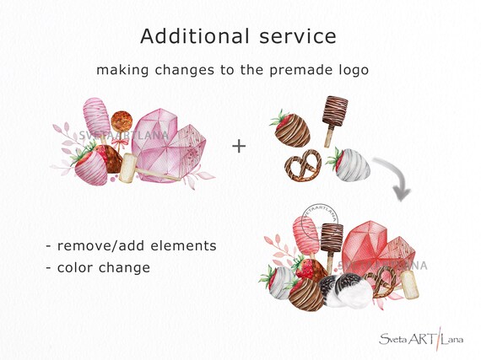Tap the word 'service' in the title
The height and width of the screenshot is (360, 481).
295,36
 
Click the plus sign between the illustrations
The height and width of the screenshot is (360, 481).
239,147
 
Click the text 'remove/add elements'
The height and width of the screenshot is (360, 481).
131,245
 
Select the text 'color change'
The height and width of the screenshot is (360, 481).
98,267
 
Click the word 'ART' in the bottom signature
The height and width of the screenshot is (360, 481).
419,339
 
